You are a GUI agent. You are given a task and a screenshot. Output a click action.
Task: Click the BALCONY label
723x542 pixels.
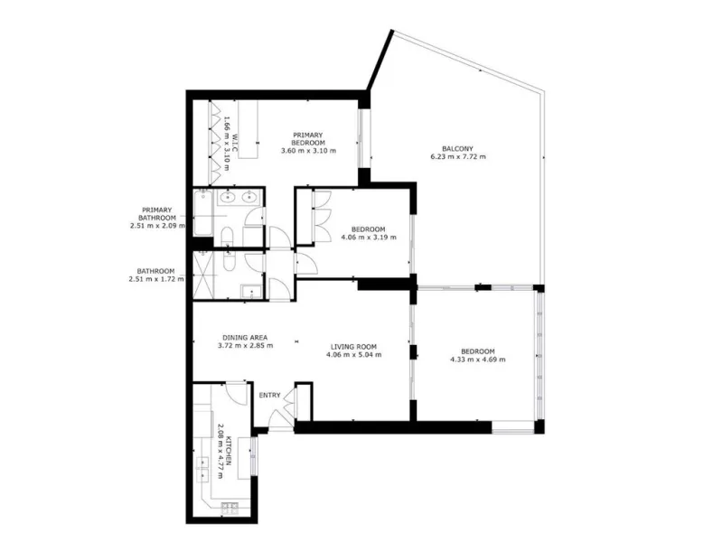click(x=457, y=149)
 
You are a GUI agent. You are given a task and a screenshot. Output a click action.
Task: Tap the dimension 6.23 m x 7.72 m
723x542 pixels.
click(x=458, y=156)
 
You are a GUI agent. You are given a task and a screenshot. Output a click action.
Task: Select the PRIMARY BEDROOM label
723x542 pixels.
click(x=308, y=139)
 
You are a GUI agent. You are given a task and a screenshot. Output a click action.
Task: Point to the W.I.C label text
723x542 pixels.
click(x=234, y=145)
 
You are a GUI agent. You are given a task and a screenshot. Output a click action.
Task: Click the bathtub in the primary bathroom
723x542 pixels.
click(x=202, y=212)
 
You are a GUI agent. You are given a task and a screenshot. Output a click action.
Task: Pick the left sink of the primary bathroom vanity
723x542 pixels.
click(x=227, y=197)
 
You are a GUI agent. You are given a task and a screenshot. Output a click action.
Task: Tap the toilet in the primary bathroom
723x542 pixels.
click(x=228, y=237)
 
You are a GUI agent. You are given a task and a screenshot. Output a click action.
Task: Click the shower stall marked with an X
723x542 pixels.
click(x=203, y=275)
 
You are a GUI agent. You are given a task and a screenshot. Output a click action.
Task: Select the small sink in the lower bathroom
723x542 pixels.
click(x=251, y=292)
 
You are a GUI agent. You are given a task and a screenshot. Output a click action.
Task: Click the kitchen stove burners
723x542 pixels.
click(x=230, y=508)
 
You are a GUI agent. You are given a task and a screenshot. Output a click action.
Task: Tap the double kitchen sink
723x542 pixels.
click(x=202, y=469)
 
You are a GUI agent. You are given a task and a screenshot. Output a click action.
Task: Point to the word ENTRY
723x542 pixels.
click(x=269, y=395)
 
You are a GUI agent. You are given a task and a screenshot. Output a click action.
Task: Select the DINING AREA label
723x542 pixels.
click(x=245, y=337)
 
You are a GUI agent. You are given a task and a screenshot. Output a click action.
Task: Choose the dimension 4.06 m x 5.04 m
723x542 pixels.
click(x=353, y=355)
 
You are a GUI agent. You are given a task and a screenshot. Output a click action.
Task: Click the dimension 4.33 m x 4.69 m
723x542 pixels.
click(x=478, y=360)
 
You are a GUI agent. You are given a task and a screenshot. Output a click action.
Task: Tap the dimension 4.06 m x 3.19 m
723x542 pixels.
click(x=369, y=238)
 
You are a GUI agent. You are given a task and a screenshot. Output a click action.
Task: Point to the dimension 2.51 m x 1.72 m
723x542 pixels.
click(x=156, y=279)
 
